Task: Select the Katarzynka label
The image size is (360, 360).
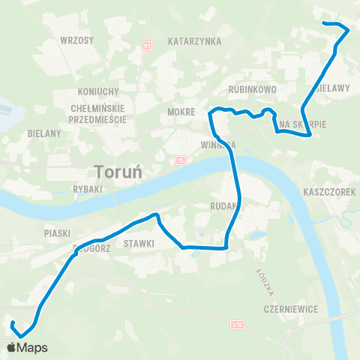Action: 194,41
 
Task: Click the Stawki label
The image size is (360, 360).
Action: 139,243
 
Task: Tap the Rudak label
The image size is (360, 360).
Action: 225,204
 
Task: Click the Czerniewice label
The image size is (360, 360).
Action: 286,309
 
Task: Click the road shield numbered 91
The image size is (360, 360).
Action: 147,46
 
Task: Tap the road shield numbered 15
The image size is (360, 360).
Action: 181,160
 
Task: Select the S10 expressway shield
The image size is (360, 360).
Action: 237,324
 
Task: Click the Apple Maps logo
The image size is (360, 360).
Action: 27,347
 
